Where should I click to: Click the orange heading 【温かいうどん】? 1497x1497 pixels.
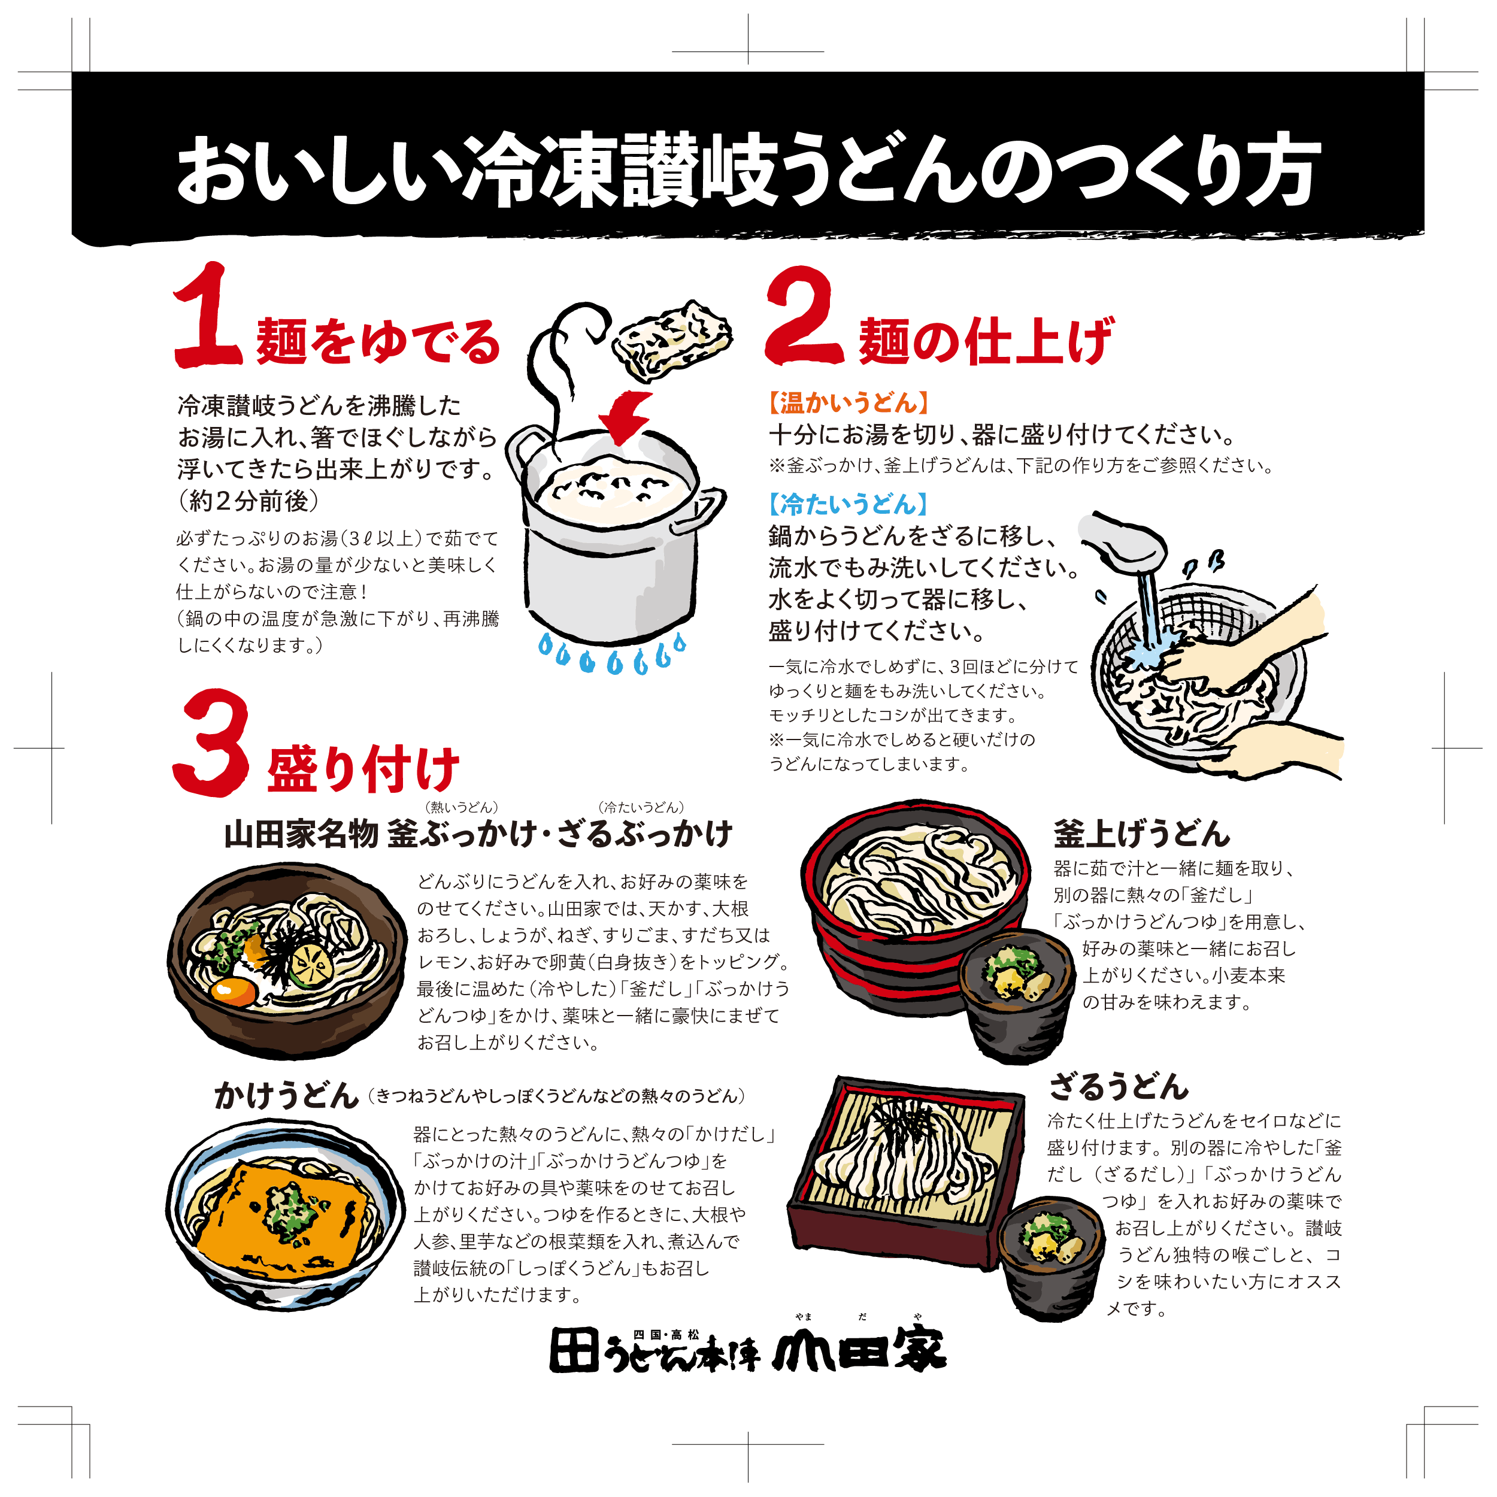[848, 403]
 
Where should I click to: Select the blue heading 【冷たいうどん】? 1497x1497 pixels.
[848, 504]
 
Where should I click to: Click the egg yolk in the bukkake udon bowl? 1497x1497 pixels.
[233, 991]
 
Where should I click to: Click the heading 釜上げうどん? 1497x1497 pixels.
[1141, 834]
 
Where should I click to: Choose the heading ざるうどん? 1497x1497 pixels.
[1118, 1086]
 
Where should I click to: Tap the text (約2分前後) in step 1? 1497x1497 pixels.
[248, 501]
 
